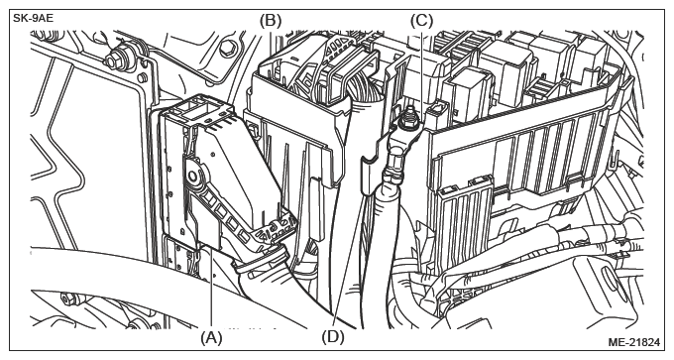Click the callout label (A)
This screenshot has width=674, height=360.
pyautogui.click(x=211, y=337)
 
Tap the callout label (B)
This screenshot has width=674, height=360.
pyautogui.click(x=271, y=21)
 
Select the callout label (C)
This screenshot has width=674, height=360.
pyautogui.click(x=421, y=21)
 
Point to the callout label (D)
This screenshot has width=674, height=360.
pyautogui.click(x=333, y=337)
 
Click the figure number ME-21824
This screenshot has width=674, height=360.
pyautogui.click(x=633, y=342)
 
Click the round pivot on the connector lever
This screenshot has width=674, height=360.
pyautogui.click(x=194, y=176)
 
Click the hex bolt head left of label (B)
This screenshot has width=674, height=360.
pyautogui.click(x=227, y=50)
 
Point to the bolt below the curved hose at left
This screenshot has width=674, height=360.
pyautogui.click(x=68, y=298)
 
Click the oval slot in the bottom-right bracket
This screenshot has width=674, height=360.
pyautogui.click(x=610, y=279)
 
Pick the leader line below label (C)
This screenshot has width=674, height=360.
pyautogui.click(x=421, y=73)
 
